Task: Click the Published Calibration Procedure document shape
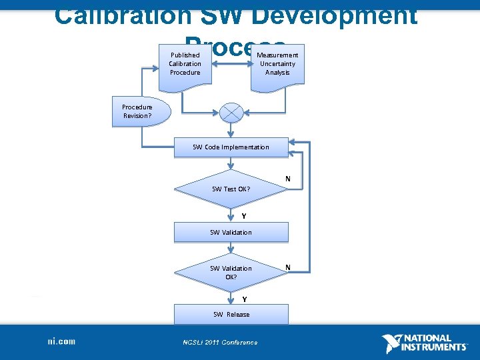pos(185,64)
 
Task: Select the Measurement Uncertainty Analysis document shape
pos(277,64)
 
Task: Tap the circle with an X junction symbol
pos(231,113)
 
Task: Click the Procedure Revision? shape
pos(137,111)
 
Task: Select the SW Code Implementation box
pos(231,147)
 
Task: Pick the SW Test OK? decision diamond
pos(231,189)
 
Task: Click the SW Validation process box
pos(231,233)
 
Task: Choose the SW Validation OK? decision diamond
pos(231,272)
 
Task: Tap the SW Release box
pos(231,314)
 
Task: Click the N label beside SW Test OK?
pos(288,179)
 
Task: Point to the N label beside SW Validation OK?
pos(288,268)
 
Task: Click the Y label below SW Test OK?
pos(244,216)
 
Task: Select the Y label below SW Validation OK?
pos(244,299)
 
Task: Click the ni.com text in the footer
pos(61,342)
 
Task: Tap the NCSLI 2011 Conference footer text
pos(220,343)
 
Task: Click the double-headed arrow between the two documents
pos(231,64)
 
